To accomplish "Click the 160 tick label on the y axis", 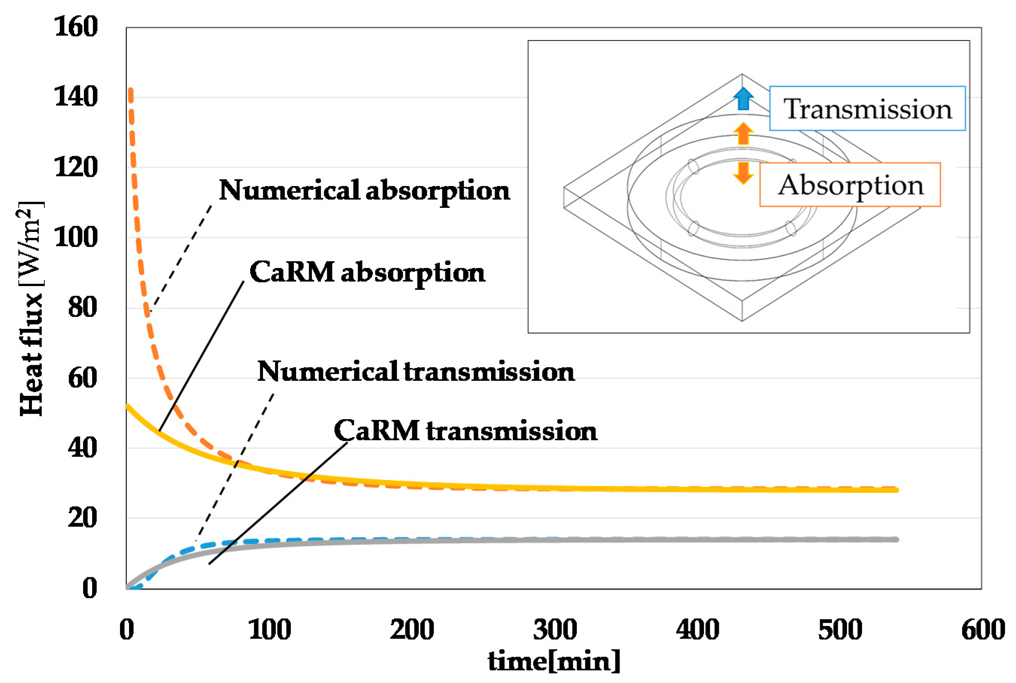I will (76, 27).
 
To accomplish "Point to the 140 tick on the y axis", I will (76, 97).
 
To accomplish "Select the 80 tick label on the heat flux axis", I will (82, 307).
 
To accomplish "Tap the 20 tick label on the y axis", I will (82, 518).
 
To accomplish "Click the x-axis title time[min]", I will (554, 661).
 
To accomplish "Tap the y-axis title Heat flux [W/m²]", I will (31, 308).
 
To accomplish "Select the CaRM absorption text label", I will (367, 272).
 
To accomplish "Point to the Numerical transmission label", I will (416, 371).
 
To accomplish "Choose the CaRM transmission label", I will (465, 430).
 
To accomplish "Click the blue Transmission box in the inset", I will (867, 109).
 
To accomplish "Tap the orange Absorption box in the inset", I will (850, 185).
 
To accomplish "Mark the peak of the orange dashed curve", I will (130, 90).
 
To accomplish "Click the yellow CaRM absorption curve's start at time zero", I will (127, 406).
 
